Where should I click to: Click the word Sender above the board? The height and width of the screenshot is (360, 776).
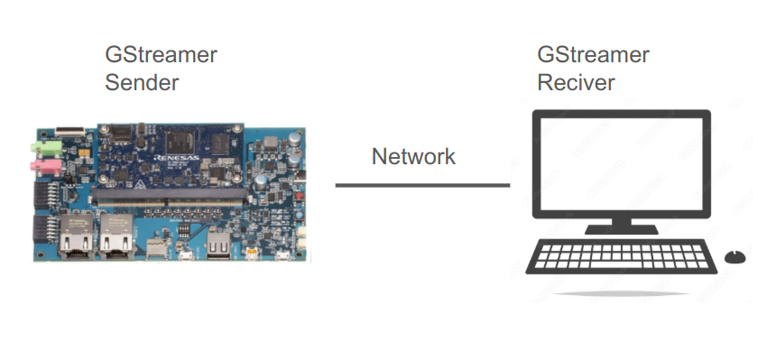pos(142,83)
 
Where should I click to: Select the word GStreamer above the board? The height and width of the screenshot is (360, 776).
pos(161,55)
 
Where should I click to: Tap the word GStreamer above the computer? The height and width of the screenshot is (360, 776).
pos(593,55)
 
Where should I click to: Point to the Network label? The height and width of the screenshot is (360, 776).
pos(413,156)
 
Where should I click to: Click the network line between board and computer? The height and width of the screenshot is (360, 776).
pos(422,186)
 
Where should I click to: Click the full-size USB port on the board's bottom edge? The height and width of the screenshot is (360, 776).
pos(219,244)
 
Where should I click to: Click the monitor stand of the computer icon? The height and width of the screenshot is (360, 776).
pos(621,226)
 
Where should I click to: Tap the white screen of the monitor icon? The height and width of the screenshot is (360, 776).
pos(621,162)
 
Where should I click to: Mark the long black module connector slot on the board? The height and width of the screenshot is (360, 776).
pos(171,193)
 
